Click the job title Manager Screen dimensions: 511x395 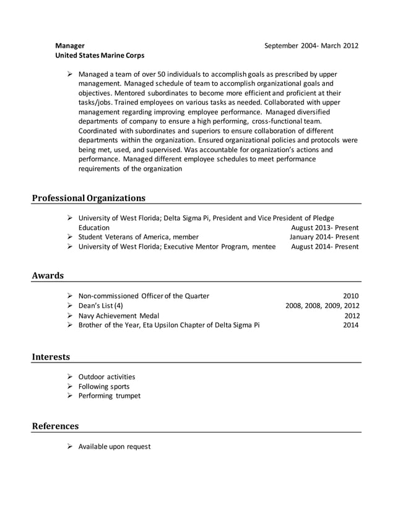pos(70,45)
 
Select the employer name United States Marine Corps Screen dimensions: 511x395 pos(100,55)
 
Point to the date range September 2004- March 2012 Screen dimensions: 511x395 pos(311,45)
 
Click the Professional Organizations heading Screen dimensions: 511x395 pos(89,198)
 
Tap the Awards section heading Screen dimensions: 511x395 pos(48,275)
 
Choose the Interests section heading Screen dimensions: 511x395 pos(51,356)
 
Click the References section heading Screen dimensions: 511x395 pos(55,426)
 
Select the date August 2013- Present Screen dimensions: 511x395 pos(324,227)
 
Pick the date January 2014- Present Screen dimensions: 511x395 pos(324,237)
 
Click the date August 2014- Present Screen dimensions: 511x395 pos(324,246)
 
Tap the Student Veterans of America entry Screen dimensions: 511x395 pos(138,237)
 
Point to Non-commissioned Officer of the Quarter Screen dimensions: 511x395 pos(144,296)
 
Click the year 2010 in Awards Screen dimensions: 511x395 pos(351,296)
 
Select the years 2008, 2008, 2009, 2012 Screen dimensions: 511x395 pos(322,306)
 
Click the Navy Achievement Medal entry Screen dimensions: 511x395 pos(118,315)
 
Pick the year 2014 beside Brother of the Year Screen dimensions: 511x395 pos(351,325)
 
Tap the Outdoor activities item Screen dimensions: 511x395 pos(106,377)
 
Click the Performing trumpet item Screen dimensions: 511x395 pos(109,396)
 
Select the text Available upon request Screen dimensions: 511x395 pos(115,446)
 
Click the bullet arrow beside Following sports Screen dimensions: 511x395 pos(70,386)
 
